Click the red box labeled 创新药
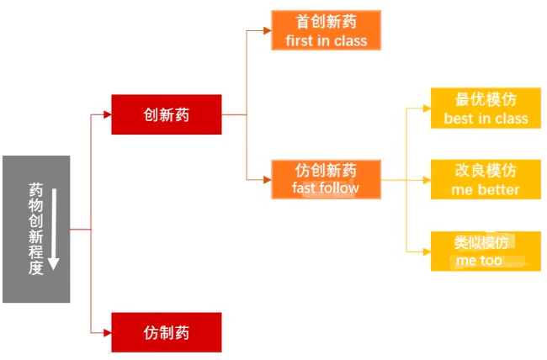coord(167,114)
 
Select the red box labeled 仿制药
coord(167,332)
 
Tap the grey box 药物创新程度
coord(35,229)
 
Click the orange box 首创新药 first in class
coord(326,30)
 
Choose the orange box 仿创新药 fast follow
coord(326,178)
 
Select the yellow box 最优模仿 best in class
coord(486,108)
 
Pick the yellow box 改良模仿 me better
coord(486,179)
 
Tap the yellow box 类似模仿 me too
coord(486,251)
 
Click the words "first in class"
coord(326,40)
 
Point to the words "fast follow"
coord(326,188)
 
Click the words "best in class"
coord(486,119)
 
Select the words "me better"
coord(486,190)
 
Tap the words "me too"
coord(479,261)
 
